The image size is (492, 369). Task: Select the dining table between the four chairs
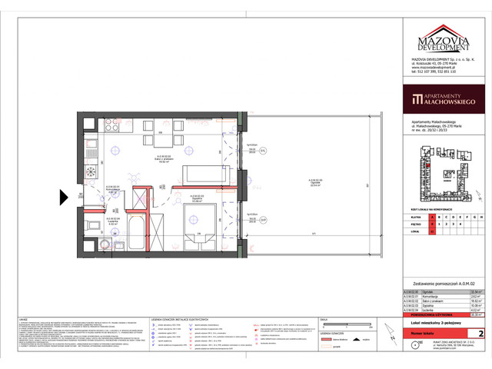point(142,140)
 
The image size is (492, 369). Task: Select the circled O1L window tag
point(262,152)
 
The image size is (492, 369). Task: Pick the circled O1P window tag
point(262,220)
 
